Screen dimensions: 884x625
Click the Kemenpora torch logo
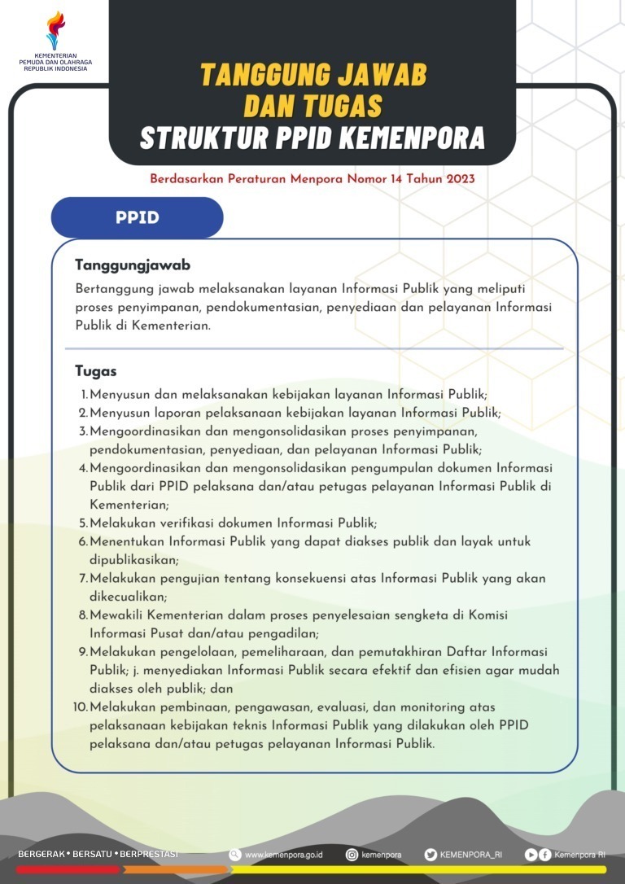tap(55, 31)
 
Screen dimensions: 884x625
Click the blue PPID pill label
tap(137, 218)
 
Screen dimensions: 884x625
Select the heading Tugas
tap(96, 371)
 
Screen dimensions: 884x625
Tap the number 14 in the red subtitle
tap(396, 177)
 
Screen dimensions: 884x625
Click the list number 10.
tap(80, 707)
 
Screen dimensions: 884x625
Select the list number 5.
tap(83, 523)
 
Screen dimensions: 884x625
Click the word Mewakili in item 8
tap(117, 615)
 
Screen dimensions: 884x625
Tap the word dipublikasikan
tap(133, 560)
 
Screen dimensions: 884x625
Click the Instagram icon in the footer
tap(352, 855)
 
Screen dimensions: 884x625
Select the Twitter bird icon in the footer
tap(431, 855)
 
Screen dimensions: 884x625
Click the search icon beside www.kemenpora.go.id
tap(235, 855)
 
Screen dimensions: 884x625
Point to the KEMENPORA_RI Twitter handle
tap(471, 855)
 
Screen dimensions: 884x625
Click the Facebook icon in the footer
tap(544, 855)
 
